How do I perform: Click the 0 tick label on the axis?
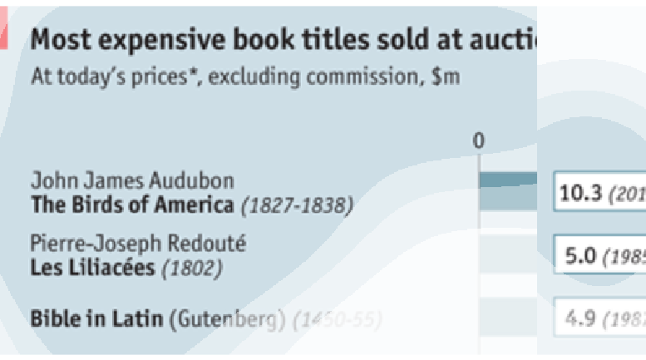[x=478, y=141]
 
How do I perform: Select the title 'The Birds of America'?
[x=131, y=204]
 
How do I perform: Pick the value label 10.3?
[x=579, y=193]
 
